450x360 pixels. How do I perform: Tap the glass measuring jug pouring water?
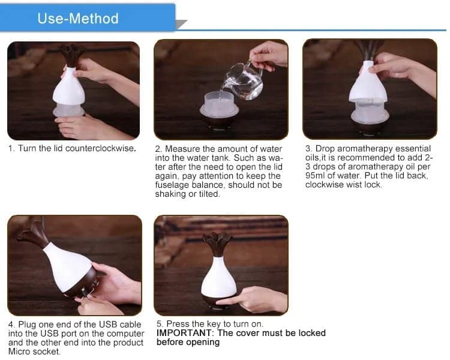243,82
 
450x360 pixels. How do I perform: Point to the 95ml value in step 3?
316,175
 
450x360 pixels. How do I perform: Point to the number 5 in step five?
159,324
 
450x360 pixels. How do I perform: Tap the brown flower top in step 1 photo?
71,53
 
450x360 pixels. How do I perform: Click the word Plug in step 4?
27,324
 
